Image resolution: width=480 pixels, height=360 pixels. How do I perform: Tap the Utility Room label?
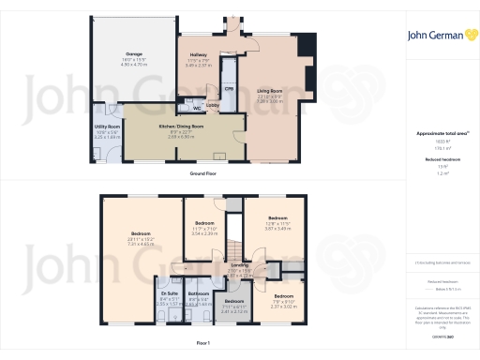coord(107,126)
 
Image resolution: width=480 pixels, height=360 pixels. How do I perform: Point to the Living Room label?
coord(271,90)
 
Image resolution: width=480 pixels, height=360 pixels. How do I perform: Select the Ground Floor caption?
coord(202,173)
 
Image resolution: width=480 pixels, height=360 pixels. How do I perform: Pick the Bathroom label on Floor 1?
coord(198,294)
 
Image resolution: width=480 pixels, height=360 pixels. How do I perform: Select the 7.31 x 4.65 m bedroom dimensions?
coord(142,243)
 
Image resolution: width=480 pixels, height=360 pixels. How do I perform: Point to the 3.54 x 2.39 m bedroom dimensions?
coord(204,232)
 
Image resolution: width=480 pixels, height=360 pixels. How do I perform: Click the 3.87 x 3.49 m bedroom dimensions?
coord(271,230)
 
